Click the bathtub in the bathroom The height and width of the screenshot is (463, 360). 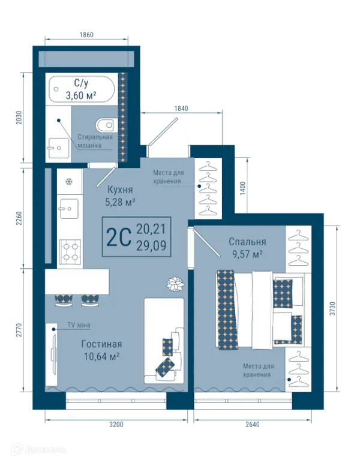pyautogui.click(x=82, y=89)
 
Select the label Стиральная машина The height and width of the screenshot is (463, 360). pyautogui.click(x=95, y=141)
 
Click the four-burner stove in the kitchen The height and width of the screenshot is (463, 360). pyautogui.click(x=70, y=251)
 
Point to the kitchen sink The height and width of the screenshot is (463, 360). pyautogui.click(x=69, y=209)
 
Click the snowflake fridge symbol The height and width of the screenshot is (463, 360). pyautogui.click(x=69, y=182)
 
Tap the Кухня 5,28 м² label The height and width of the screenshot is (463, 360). pyautogui.click(x=120, y=196)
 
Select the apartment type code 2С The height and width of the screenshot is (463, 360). pyautogui.click(x=118, y=237)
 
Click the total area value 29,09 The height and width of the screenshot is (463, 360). pyautogui.click(x=151, y=246)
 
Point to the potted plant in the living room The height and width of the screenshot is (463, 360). pyautogui.click(x=175, y=284)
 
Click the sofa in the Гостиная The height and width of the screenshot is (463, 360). pyautogui.click(x=164, y=341)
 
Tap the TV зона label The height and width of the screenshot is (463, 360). pyautogui.click(x=79, y=325)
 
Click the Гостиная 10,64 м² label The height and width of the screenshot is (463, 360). pyautogui.click(x=101, y=350)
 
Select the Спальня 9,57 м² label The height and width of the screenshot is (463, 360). pyautogui.click(x=247, y=248)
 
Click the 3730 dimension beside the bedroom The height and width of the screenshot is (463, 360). pyautogui.click(x=333, y=309)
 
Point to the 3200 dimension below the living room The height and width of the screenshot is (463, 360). pyautogui.click(x=116, y=425)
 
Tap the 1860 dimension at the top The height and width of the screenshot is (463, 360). pyautogui.click(x=86, y=35)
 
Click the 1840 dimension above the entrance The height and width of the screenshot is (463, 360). pyautogui.click(x=181, y=109)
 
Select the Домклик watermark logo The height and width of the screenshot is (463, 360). pyautogui.click(x=38, y=450)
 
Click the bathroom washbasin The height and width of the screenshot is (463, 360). pyautogui.click(x=58, y=148)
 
